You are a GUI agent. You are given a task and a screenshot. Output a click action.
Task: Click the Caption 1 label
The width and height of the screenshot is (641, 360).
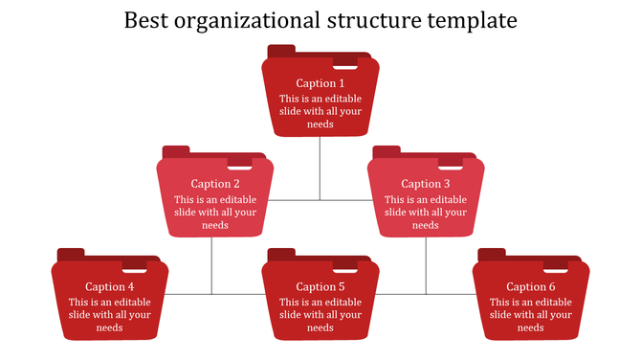[320, 83]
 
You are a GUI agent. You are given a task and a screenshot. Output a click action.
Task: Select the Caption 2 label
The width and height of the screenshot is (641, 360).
[215, 184]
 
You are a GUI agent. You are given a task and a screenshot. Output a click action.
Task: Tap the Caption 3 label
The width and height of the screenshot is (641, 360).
[426, 184]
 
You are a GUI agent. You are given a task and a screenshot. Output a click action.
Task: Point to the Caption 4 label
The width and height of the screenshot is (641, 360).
[110, 286]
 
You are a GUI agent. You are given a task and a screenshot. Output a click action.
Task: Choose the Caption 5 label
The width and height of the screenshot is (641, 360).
[320, 286]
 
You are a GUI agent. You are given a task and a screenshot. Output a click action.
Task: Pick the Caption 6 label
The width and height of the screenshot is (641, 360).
[531, 286]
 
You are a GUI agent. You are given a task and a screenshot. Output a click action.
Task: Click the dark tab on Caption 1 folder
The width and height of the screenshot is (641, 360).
[281, 51]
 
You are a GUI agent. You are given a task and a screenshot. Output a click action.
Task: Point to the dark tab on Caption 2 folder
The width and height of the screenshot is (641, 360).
[176, 151]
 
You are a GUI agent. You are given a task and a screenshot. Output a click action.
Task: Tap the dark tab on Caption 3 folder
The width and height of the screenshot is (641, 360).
[387, 151]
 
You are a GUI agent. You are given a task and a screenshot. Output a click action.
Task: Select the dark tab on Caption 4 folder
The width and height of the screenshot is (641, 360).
[71, 254]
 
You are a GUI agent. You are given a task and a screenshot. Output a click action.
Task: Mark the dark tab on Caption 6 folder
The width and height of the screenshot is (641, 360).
[492, 254]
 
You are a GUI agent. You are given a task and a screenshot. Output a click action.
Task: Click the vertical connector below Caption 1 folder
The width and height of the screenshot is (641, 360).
[320, 168]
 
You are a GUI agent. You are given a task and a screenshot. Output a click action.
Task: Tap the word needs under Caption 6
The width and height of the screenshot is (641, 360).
[531, 328]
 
